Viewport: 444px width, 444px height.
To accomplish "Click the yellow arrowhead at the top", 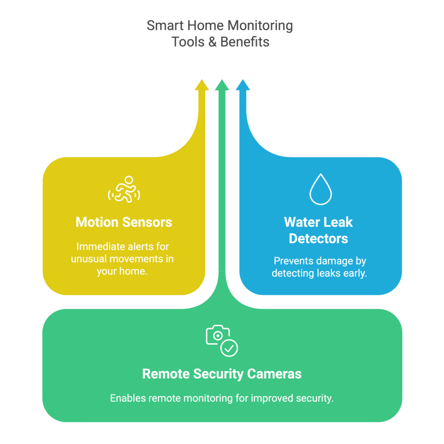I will click(x=202, y=85).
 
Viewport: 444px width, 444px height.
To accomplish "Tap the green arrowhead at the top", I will click(x=222, y=85).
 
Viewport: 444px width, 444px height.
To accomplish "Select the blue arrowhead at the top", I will click(x=242, y=85).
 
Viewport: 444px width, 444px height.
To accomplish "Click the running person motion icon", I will click(x=124, y=189).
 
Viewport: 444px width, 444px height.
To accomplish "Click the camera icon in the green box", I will click(x=217, y=335).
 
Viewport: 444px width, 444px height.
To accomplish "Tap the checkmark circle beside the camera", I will click(x=229, y=348).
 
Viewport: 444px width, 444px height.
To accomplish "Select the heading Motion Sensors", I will click(x=124, y=222).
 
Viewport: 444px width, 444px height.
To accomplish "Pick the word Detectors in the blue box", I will click(x=319, y=238).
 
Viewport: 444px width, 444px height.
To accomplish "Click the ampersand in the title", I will click(x=212, y=42).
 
